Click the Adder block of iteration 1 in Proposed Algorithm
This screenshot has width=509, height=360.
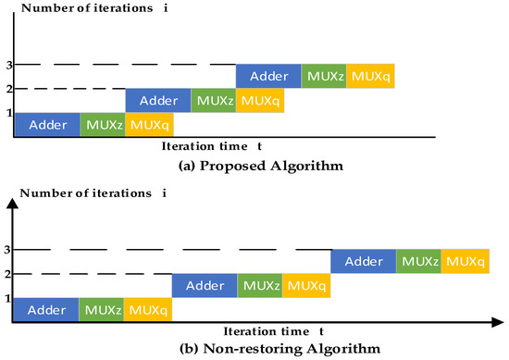[46, 125]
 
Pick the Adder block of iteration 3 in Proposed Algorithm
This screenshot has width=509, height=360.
[268, 75]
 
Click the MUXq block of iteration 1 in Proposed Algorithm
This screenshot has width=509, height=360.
[148, 125]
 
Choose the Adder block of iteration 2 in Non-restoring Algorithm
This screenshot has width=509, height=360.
[205, 286]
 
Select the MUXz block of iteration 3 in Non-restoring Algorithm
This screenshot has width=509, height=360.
[418, 262]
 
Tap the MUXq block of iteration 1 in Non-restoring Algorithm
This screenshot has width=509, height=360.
[147, 310]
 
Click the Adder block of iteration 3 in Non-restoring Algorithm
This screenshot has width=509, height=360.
[364, 262]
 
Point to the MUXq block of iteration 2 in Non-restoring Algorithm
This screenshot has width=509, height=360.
[305, 286]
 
